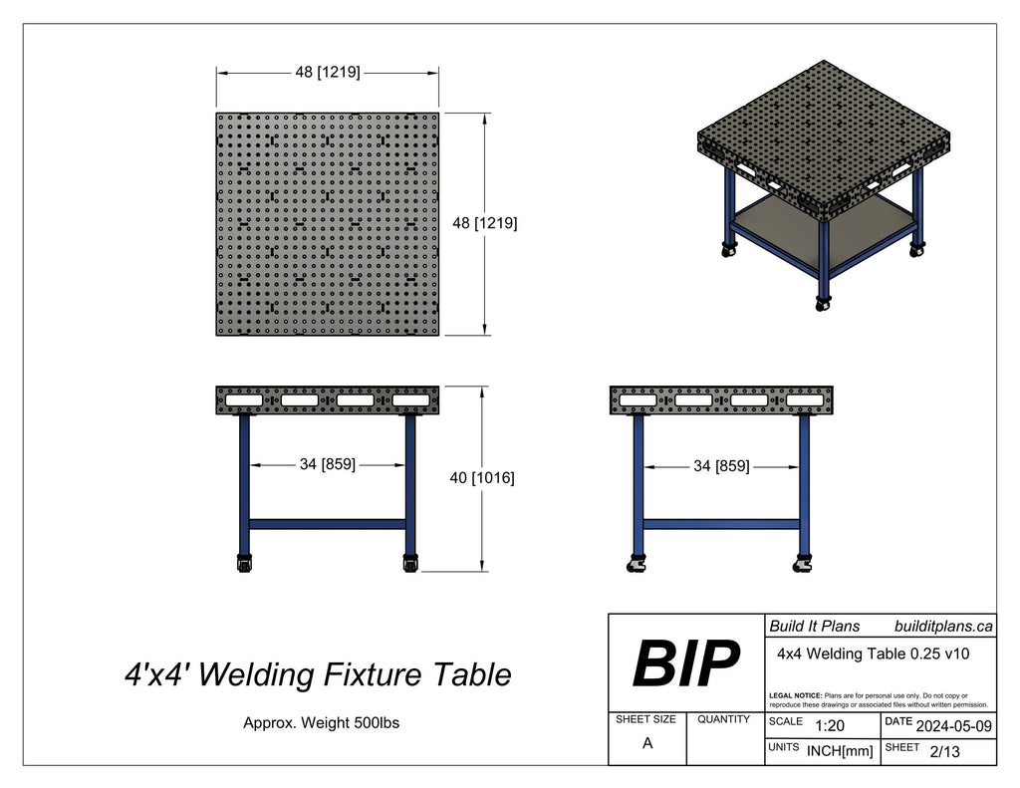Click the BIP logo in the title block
(686, 663)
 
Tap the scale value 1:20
(830, 726)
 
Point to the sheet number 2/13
(943, 751)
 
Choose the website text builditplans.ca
(942, 626)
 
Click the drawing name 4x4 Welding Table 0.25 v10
(873, 654)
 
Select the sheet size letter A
(647, 742)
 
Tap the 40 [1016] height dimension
(482, 478)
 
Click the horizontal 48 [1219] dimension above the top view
(328, 73)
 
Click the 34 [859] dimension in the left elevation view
(328, 464)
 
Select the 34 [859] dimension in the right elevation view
(721, 465)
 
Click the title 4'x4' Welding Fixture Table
(317, 675)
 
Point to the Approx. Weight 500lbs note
(321, 723)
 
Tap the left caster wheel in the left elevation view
(243, 564)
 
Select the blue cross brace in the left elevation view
(327, 523)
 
